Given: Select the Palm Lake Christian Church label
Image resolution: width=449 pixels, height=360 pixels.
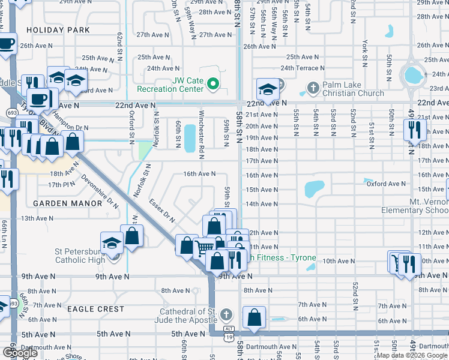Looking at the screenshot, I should (353, 89).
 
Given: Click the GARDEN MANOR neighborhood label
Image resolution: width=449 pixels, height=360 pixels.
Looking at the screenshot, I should (68, 203).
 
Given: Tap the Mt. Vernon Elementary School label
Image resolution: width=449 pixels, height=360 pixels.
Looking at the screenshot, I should (414, 206).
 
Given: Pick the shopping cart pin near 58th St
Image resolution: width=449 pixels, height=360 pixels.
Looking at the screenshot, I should (205, 247).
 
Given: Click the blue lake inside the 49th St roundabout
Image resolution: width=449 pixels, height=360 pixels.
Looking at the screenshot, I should (412, 75).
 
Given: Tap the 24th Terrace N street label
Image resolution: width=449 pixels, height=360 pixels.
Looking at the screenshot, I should (303, 68).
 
